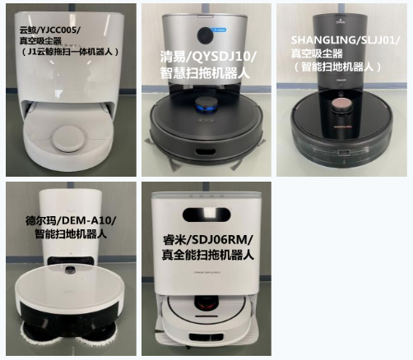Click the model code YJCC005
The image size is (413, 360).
tap(58, 30)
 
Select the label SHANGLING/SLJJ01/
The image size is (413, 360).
tap(346, 40)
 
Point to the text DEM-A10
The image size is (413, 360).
tap(86, 220)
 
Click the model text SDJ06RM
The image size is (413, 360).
tap(220, 240)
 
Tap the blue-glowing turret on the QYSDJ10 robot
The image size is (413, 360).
tap(207, 105)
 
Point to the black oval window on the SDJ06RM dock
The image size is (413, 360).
tap(206, 215)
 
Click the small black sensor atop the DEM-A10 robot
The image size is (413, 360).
tap(72, 270)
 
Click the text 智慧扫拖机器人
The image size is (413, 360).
tap(205, 72)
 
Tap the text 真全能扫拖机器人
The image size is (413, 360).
tap(208, 254)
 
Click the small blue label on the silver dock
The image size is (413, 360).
tap(220, 30)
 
